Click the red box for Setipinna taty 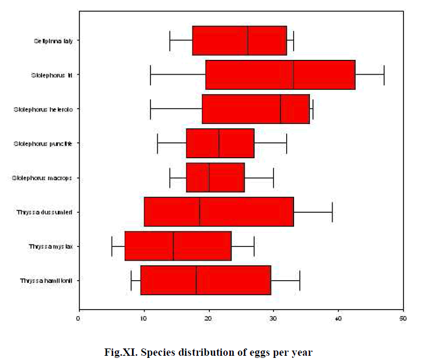coord(239,40)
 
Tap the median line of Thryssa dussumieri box coord(200,212)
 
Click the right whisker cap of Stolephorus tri coord(384,75)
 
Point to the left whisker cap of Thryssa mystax coord(112,246)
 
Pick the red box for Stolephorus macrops coord(216,178)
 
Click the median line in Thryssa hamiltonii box coord(196,280)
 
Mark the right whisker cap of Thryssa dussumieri coord(332,212)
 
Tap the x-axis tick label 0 coord(79,318)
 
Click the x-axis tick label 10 coord(144,318)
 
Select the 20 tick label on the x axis coord(209,318)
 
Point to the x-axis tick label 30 coord(274,318)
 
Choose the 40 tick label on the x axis coord(338,318)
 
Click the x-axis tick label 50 coord(404,318)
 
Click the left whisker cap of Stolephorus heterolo coord(150,109)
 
